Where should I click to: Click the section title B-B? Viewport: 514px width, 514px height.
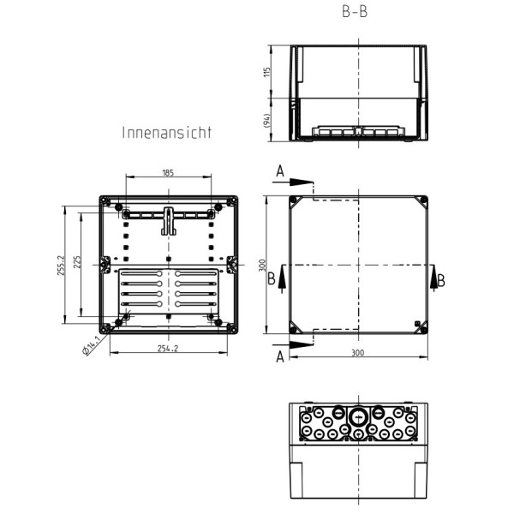(x=355, y=14)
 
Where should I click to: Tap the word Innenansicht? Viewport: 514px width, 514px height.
(x=166, y=134)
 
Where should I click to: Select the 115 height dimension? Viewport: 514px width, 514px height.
(x=267, y=73)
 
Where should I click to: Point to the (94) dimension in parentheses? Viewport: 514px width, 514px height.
(x=267, y=123)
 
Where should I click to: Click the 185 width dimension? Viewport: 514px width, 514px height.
(x=168, y=173)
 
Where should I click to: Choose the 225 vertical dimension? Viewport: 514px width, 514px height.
(x=77, y=263)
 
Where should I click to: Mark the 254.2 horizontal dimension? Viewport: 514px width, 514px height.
(x=168, y=349)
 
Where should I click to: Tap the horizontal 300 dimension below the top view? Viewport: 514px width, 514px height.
(x=358, y=352)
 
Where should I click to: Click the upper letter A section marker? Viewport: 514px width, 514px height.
(x=279, y=172)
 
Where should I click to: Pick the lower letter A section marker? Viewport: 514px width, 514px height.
(x=279, y=357)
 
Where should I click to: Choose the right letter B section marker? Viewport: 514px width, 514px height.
(x=441, y=280)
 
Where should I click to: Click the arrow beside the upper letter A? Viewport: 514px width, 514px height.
(x=301, y=182)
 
